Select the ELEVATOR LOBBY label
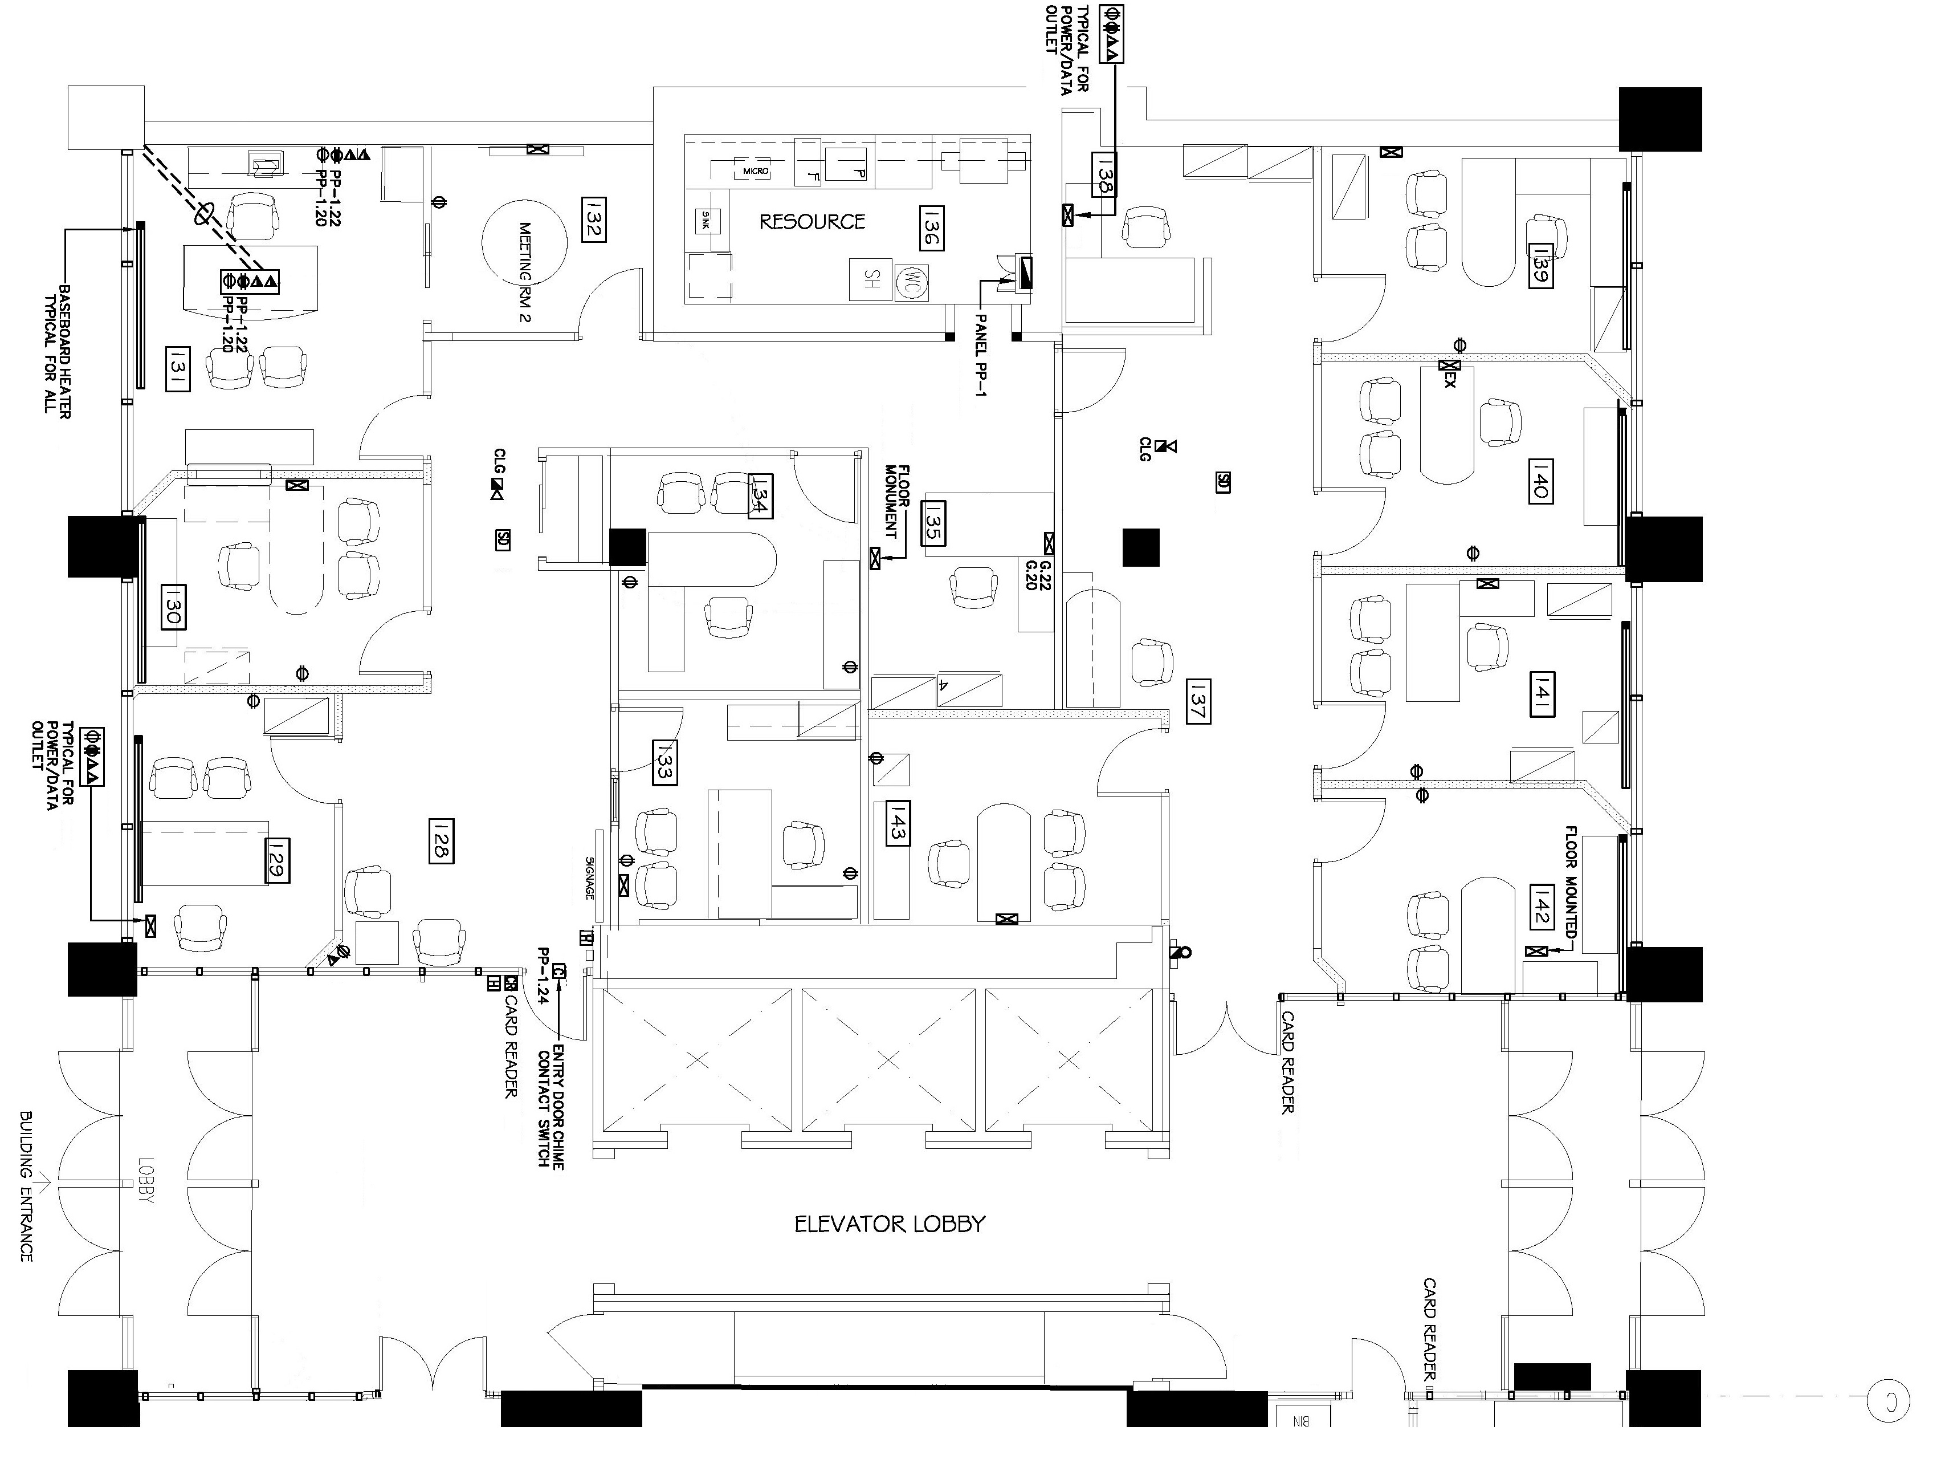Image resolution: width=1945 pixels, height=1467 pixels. tap(889, 1224)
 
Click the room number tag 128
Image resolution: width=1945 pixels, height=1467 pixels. tap(442, 841)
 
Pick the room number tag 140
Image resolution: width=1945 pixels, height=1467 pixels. tap(1540, 480)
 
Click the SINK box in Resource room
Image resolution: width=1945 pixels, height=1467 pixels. tap(705, 221)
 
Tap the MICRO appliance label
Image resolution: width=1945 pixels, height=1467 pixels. tap(755, 170)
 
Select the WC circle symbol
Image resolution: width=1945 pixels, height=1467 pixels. tap(911, 281)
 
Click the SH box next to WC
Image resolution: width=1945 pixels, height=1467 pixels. tap(871, 280)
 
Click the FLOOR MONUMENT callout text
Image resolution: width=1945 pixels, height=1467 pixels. tap(896, 502)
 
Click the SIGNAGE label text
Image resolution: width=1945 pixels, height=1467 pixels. tap(590, 877)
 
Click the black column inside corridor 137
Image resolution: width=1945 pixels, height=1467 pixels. tap(1140, 546)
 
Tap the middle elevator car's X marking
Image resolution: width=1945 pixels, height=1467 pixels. tap(888, 1060)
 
